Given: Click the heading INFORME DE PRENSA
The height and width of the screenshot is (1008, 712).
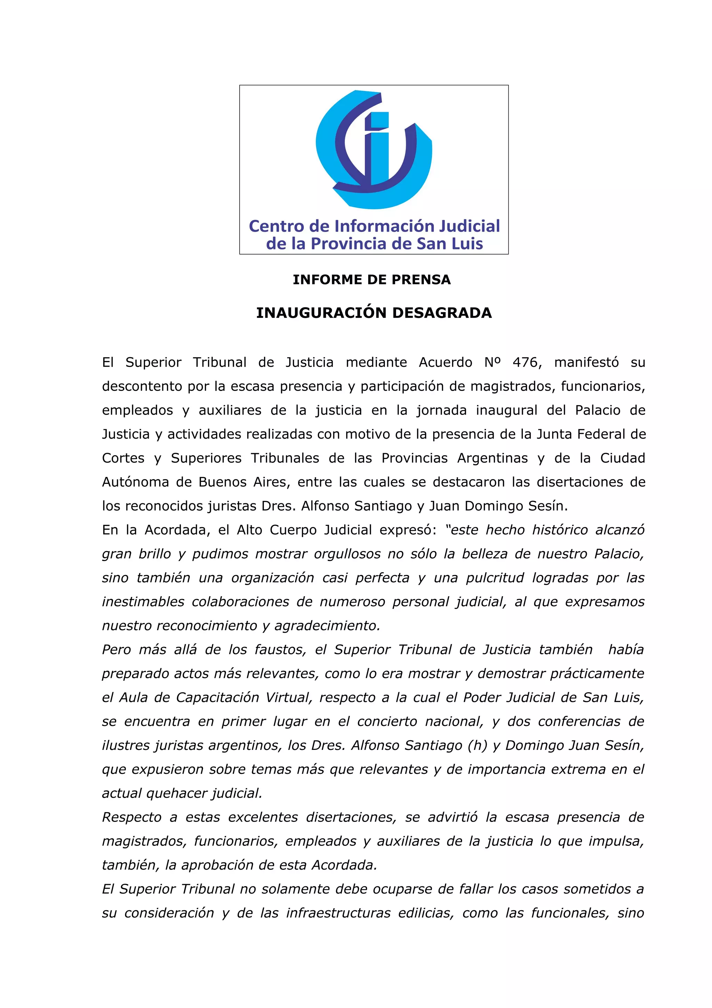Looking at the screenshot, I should coord(372,280).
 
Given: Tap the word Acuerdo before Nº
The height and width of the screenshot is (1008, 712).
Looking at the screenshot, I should coord(445,363).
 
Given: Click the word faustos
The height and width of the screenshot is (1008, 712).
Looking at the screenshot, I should coord(280,650).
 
